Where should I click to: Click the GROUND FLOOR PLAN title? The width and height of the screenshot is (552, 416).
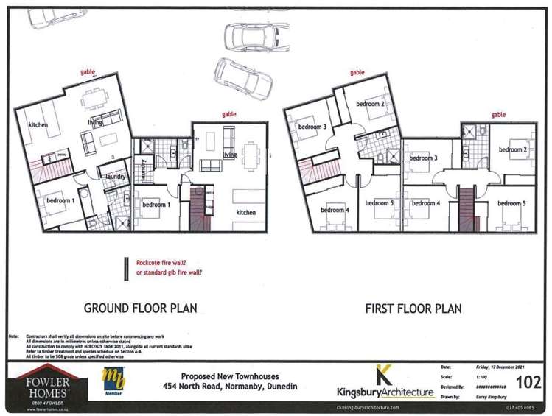tap(140, 307)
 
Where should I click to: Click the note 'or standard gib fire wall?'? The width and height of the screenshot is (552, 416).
tap(170, 272)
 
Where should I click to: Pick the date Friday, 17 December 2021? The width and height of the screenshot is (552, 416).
tap(479, 366)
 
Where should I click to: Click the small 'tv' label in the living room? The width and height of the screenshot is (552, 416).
tap(198, 138)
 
